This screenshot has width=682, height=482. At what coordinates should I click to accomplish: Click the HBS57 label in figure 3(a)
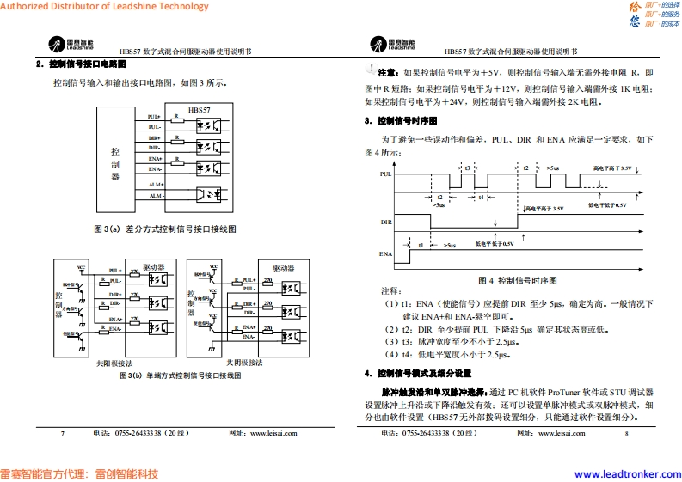tap(199, 110)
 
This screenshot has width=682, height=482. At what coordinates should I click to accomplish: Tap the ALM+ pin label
tap(156, 185)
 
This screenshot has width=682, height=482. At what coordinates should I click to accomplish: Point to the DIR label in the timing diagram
tap(386, 222)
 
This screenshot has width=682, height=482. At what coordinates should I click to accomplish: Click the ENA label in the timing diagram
tap(386, 253)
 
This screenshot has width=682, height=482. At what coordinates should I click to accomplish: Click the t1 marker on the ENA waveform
tap(421, 245)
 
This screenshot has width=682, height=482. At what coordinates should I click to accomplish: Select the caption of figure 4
tap(517, 280)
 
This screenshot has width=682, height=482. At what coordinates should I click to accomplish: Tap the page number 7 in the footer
tap(62, 434)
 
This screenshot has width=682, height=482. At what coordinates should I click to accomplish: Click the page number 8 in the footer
tap(627, 434)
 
